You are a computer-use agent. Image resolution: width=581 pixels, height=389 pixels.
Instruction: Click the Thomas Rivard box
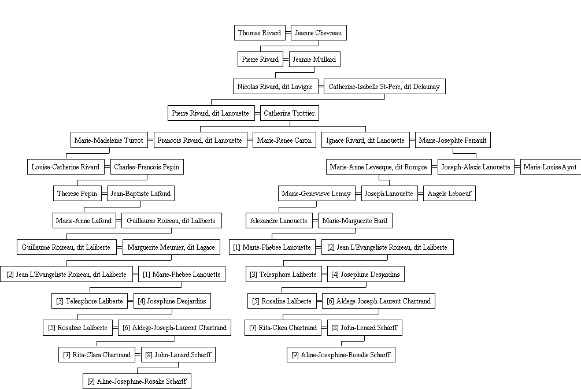click(260, 32)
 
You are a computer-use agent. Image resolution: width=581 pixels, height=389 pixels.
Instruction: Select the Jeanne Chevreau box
click(319, 32)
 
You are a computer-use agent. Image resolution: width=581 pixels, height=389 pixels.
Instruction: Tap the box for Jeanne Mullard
click(314, 60)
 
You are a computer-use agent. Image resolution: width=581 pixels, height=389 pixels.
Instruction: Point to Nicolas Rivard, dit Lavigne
click(275, 86)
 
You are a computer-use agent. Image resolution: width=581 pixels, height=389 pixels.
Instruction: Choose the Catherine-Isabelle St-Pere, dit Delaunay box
click(384, 86)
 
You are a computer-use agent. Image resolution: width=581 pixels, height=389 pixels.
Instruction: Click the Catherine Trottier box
click(290, 113)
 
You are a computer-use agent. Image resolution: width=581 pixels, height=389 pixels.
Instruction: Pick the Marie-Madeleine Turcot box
click(109, 140)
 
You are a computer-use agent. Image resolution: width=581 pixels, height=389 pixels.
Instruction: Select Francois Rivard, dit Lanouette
click(200, 140)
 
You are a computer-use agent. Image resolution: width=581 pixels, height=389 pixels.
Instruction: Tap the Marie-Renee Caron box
click(284, 140)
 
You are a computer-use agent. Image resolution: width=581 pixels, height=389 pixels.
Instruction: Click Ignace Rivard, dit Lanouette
click(366, 140)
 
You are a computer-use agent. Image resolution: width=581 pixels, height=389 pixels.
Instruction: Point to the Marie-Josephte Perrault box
click(453, 140)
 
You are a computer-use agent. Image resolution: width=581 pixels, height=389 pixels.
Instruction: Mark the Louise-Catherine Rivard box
click(66, 166)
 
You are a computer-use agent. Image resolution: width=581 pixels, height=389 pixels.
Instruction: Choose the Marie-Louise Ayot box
click(550, 166)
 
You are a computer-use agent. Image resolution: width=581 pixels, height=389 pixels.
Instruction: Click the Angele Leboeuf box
click(449, 194)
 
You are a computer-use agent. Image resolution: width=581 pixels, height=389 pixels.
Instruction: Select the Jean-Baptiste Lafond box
click(141, 194)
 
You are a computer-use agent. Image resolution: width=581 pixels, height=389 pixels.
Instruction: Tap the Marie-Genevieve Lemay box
click(316, 194)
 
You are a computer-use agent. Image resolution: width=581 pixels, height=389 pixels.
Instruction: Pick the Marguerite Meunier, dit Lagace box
click(171, 247)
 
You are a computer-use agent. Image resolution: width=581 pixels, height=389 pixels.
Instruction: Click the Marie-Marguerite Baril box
click(355, 220)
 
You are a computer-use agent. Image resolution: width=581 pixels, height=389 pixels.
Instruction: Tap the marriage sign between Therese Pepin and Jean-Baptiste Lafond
click(104, 194)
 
